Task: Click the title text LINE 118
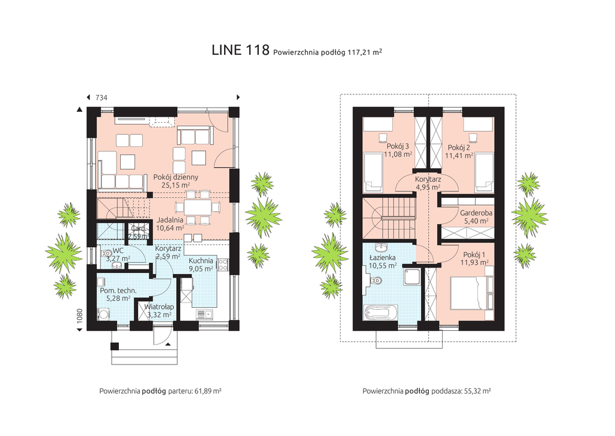tap(240, 51)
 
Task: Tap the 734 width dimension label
tap(101, 97)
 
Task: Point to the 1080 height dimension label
tap(80, 316)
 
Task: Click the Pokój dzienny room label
tap(176, 177)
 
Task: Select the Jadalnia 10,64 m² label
tap(170, 224)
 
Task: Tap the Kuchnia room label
tap(201, 261)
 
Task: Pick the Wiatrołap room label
tap(159, 307)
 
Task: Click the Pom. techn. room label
tap(118, 290)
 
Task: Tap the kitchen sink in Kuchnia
tap(204, 314)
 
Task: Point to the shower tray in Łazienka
tap(412, 278)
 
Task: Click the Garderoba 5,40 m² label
tap(476, 217)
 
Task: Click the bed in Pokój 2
tap(484, 173)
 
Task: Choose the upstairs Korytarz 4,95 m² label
tap(428, 183)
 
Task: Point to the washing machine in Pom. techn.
tap(103, 315)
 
